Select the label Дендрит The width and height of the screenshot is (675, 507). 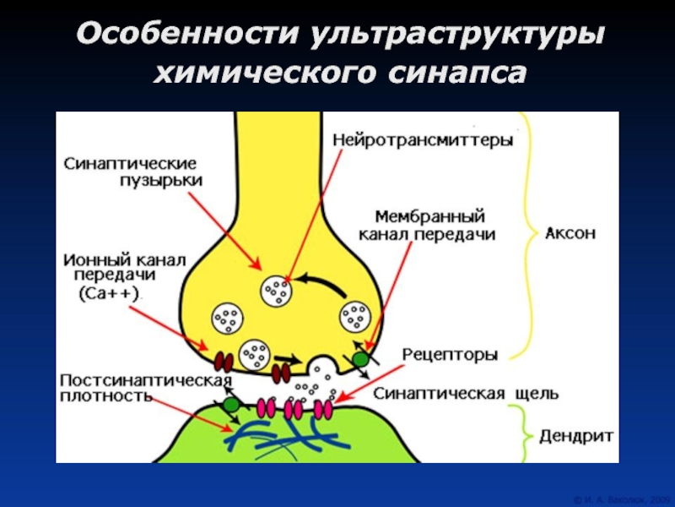pos(575,437)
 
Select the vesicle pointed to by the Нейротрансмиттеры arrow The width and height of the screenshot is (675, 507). pos(276,292)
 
